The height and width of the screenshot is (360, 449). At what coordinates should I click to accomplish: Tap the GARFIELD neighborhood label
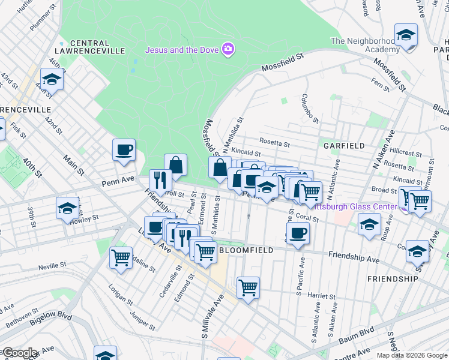pyautogui.click(x=344, y=146)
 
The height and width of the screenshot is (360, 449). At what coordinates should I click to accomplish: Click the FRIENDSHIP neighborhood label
pyautogui.click(x=393, y=279)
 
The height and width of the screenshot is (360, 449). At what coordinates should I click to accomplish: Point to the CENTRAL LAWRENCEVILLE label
pyautogui.click(x=89, y=47)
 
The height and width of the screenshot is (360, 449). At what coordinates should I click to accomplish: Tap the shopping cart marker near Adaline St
pyautogui.click(x=121, y=257)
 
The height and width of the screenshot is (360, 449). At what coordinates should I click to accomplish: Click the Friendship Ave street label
pyautogui.click(x=354, y=257)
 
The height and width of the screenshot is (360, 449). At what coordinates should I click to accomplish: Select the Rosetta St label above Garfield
pyautogui.click(x=275, y=143)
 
